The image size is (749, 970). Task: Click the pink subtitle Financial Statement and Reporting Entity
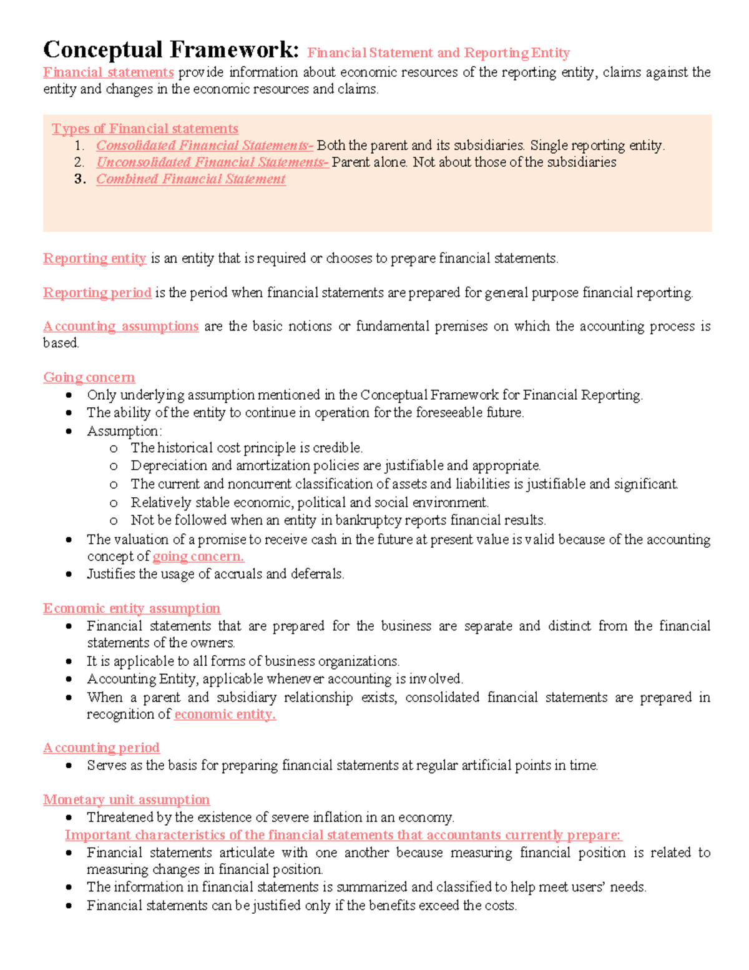pos(438,53)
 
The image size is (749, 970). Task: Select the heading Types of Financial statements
pos(145,129)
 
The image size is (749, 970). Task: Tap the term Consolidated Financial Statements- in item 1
pos(205,146)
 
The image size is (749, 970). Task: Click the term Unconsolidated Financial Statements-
pos(212,162)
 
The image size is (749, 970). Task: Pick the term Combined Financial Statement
pos(191,179)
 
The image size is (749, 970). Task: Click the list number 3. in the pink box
pos(79,179)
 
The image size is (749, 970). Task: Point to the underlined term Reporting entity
pos(94,259)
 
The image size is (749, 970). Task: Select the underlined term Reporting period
pos(97,293)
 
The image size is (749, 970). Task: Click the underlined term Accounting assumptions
pos(120,327)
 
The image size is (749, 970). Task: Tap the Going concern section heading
pos(89,377)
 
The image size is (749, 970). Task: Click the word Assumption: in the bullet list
pos(124,431)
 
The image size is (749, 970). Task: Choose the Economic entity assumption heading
pos(132,608)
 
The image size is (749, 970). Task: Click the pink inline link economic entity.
pos(225,715)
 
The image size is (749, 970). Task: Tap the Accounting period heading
pos(101,748)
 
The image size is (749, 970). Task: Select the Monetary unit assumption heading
pos(126,799)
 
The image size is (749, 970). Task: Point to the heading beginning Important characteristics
pos(343,835)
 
